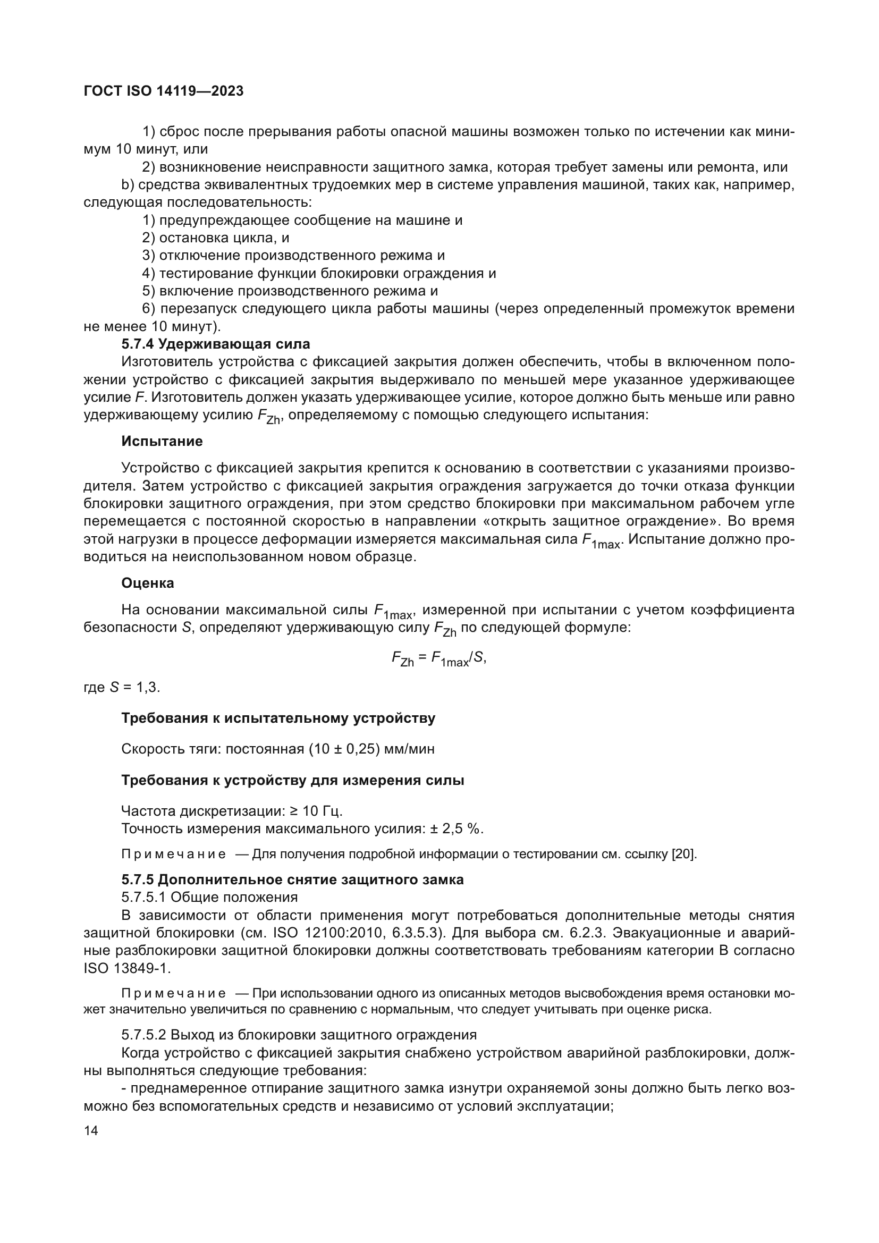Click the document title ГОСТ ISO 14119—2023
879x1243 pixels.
click(164, 91)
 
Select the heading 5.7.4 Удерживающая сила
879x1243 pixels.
click(215, 344)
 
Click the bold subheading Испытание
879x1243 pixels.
click(162, 441)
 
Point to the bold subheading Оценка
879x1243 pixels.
click(147, 583)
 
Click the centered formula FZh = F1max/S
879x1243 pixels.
click(439, 658)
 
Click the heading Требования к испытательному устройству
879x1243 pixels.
click(278, 718)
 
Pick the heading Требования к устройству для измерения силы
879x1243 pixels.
click(292, 780)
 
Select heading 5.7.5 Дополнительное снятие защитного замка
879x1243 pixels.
click(292, 880)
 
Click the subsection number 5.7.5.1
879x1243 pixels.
click(144, 898)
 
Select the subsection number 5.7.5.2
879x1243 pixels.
click(144, 1035)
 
